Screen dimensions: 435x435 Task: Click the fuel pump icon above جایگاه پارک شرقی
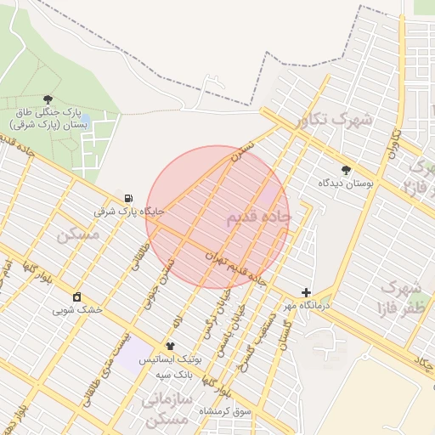click(128, 196)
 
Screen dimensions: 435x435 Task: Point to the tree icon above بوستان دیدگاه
click(346, 170)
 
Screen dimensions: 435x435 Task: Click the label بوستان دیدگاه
click(346, 183)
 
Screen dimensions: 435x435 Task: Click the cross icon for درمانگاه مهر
click(306, 291)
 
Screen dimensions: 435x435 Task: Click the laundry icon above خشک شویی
click(77, 297)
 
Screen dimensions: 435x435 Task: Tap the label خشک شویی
click(77, 309)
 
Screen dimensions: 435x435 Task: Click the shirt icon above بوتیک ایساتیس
click(170, 347)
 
